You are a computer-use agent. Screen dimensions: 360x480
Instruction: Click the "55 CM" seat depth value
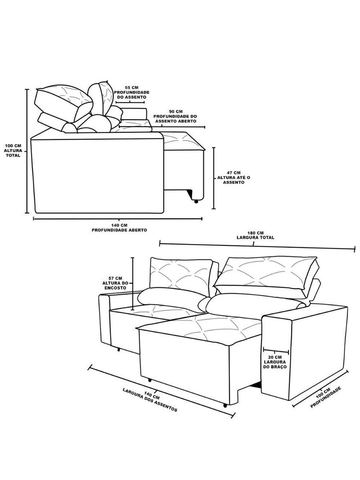click(131, 87)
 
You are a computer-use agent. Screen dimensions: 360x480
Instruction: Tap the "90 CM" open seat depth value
click(175, 112)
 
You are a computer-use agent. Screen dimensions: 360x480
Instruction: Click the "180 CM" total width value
click(256, 233)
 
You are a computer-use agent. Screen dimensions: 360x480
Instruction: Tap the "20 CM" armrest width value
click(275, 357)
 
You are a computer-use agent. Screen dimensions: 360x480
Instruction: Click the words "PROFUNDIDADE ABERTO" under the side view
click(119, 230)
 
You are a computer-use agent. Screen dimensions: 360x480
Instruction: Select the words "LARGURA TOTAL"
click(256, 237)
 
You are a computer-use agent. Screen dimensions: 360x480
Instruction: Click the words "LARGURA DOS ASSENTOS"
click(150, 400)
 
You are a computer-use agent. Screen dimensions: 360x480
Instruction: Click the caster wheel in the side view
click(196, 201)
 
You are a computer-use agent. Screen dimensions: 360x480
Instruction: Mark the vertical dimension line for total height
click(27, 151)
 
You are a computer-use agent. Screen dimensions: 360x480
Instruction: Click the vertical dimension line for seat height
click(214, 178)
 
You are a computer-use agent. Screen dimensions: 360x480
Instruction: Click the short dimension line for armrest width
click(275, 350)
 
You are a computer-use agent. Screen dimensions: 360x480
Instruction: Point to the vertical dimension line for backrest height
click(133, 284)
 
